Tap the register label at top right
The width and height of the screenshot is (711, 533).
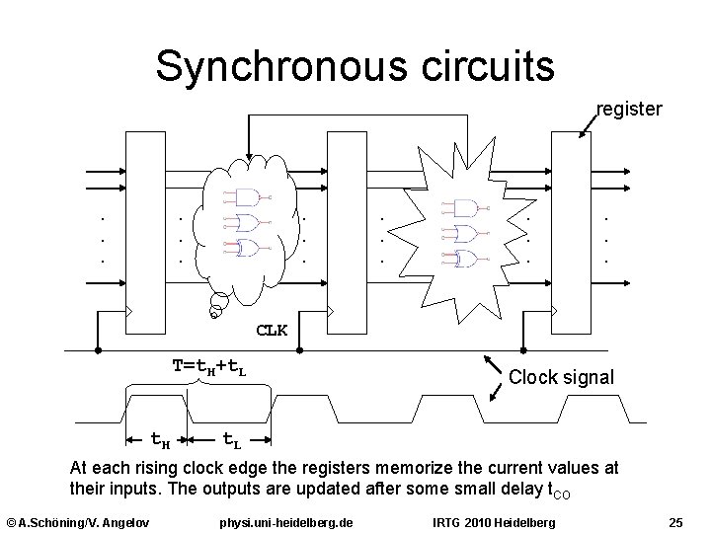pyautogui.click(x=629, y=110)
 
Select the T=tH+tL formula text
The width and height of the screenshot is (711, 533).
pyautogui.click(x=209, y=367)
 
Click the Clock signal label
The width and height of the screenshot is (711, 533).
pyautogui.click(x=561, y=378)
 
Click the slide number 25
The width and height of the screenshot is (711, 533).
pyautogui.click(x=676, y=521)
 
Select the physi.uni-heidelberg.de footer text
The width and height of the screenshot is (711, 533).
pyautogui.click(x=286, y=521)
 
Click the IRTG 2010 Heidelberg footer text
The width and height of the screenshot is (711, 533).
pyautogui.click(x=495, y=521)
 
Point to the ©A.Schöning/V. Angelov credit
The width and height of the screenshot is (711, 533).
pyautogui.click(x=77, y=521)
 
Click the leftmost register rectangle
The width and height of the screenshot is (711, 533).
pyautogui.click(x=144, y=234)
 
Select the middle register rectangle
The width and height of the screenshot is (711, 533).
pyautogui.click(x=347, y=234)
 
